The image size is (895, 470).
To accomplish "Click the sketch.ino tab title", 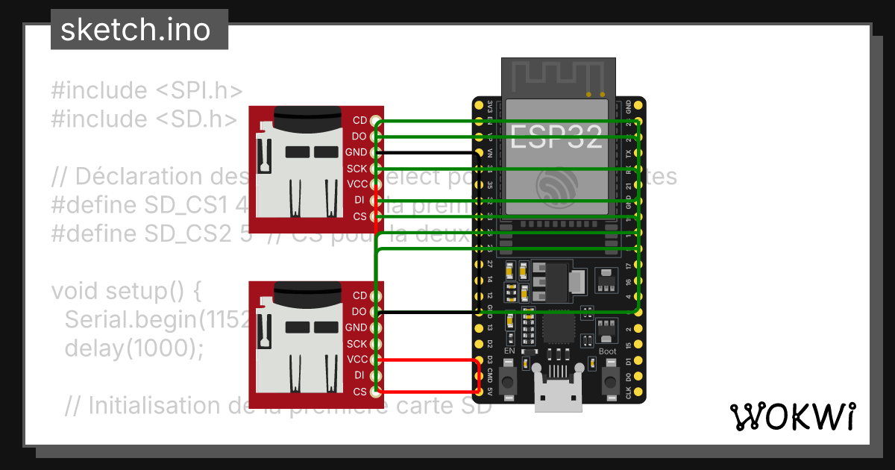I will click(134, 30).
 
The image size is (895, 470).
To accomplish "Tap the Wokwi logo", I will click(791, 416).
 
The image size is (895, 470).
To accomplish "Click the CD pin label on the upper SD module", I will click(359, 120).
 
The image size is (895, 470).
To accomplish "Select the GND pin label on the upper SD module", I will click(357, 152).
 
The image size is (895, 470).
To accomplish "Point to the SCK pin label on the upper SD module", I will click(357, 169).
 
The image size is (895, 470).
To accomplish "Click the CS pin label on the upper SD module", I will click(360, 216).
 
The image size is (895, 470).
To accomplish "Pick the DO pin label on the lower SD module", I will click(359, 312).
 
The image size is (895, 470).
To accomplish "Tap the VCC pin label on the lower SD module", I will click(357, 360).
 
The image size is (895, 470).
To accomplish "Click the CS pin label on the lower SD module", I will click(360, 392).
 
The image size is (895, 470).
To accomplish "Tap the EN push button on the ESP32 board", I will click(509, 381).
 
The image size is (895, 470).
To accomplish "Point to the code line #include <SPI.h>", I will click(147, 91).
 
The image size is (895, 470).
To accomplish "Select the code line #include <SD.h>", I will click(145, 119).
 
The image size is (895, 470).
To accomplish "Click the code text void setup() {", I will click(127, 290).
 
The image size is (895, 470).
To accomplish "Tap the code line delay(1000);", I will click(134, 348).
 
